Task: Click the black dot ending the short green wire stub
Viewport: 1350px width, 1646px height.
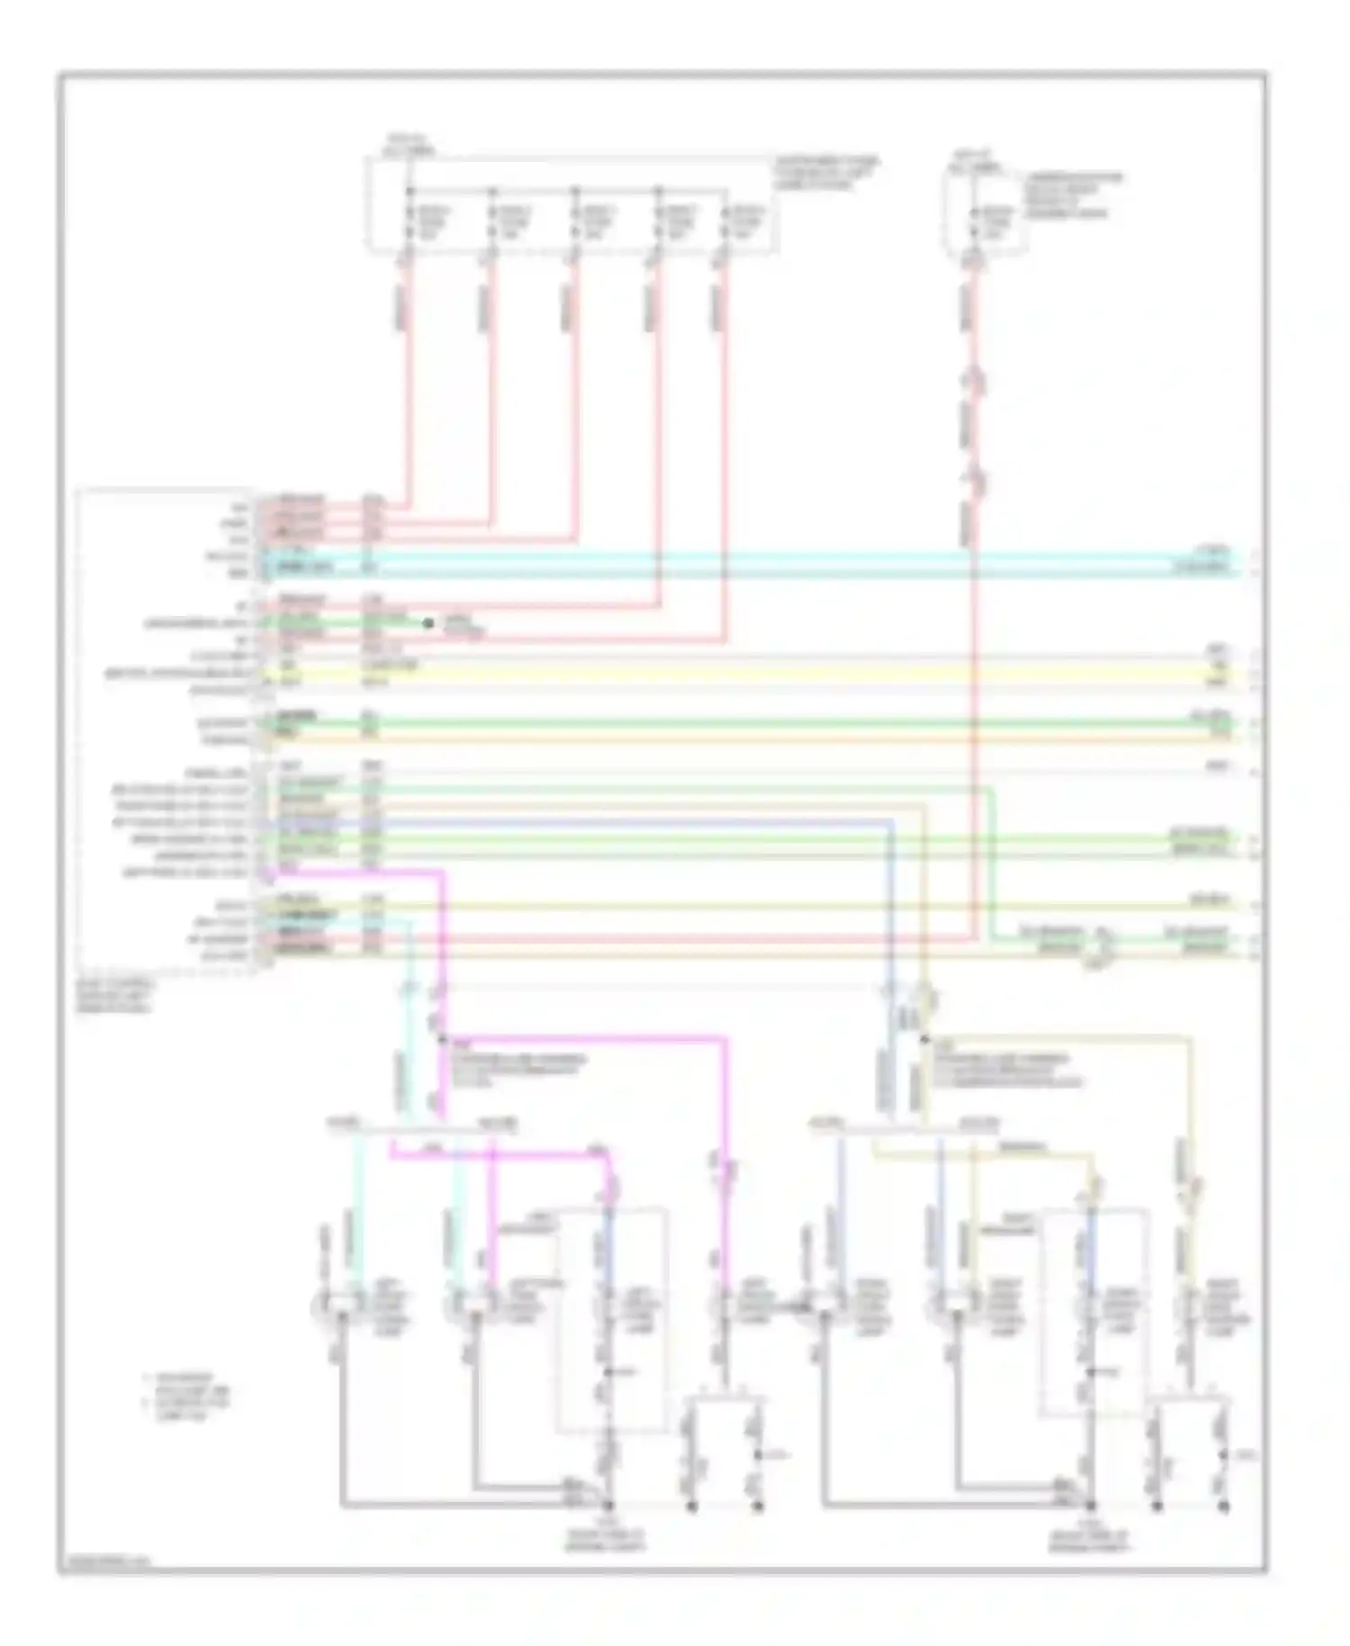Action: pyautogui.click(x=428, y=622)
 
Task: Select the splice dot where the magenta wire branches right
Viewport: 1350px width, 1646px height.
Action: pyautogui.click(x=442, y=1038)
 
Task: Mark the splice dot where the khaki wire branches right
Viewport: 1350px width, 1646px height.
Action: pyautogui.click(x=922, y=1038)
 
